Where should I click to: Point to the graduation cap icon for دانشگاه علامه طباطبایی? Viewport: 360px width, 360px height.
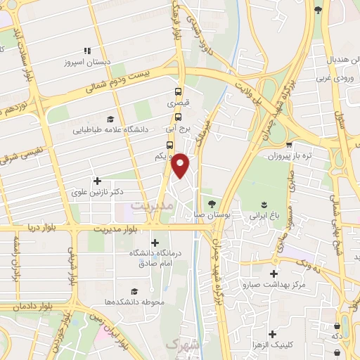109,119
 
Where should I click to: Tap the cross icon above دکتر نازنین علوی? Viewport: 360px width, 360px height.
97,181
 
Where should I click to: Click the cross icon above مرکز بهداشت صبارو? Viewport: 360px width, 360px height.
274,274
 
